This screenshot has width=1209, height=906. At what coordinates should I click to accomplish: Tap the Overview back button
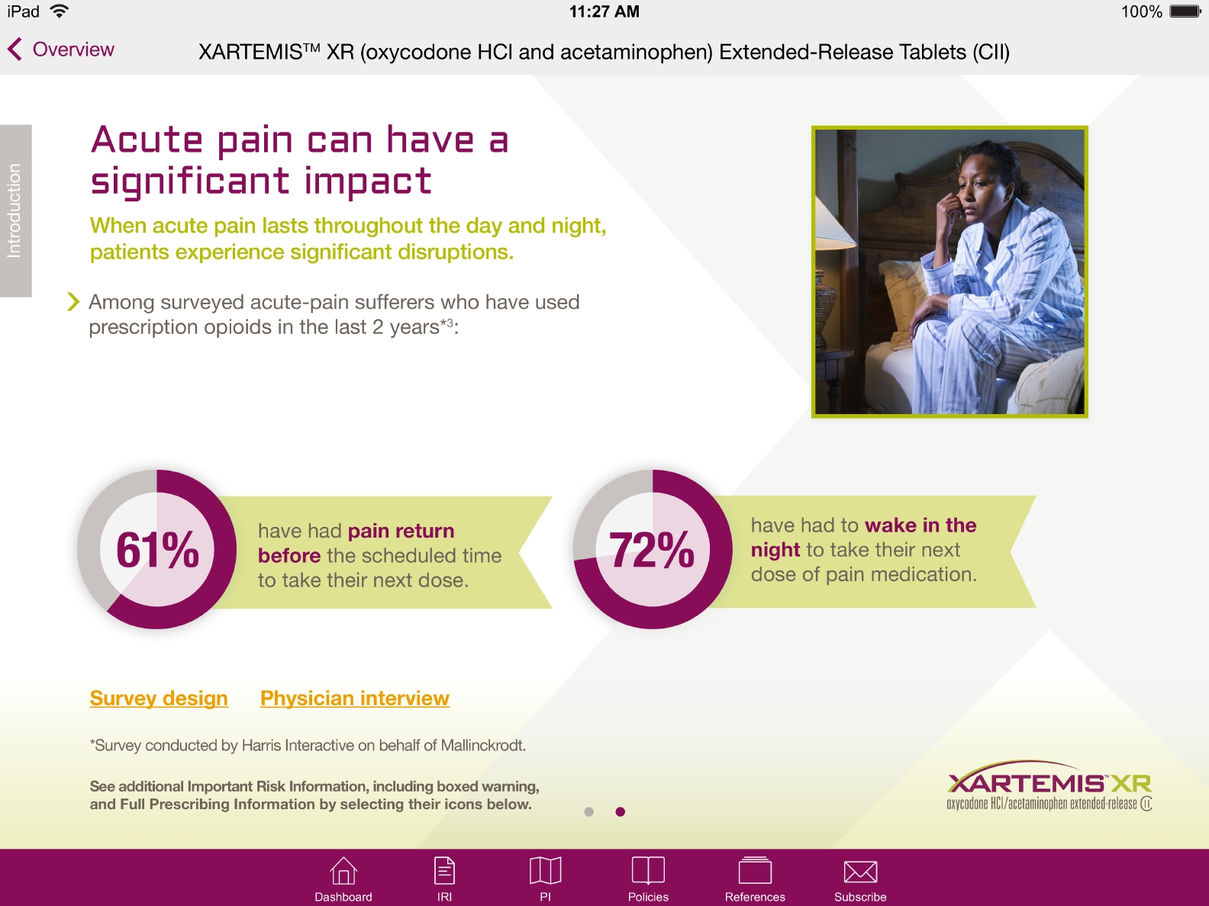[x=61, y=50]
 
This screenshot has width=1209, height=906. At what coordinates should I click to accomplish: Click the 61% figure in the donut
[x=157, y=550]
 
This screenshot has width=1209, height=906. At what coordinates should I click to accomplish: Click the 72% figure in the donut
[x=653, y=550]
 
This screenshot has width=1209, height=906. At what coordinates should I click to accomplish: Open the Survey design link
[x=159, y=699]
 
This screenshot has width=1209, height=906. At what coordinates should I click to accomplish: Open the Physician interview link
[x=355, y=699]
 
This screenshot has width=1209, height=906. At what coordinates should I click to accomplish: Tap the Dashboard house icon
[x=343, y=871]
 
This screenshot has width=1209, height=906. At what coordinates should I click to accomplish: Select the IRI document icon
[x=444, y=871]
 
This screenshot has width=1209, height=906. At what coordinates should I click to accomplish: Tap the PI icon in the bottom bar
[x=545, y=871]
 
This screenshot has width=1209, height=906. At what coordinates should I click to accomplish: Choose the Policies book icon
[x=648, y=871]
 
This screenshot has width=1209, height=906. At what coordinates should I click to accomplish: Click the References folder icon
[x=755, y=871]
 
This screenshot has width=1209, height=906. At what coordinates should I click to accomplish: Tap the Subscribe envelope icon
[x=860, y=871]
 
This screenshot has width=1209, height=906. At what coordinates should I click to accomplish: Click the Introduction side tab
[x=15, y=210]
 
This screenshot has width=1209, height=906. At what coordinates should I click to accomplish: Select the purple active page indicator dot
[x=621, y=811]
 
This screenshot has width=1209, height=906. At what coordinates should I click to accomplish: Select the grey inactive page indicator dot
[x=588, y=811]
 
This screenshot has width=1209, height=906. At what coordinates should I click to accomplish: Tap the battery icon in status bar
[x=1185, y=11]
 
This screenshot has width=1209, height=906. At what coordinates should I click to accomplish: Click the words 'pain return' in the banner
[x=401, y=531]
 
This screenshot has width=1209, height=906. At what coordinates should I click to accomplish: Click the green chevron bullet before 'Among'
[x=73, y=302]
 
